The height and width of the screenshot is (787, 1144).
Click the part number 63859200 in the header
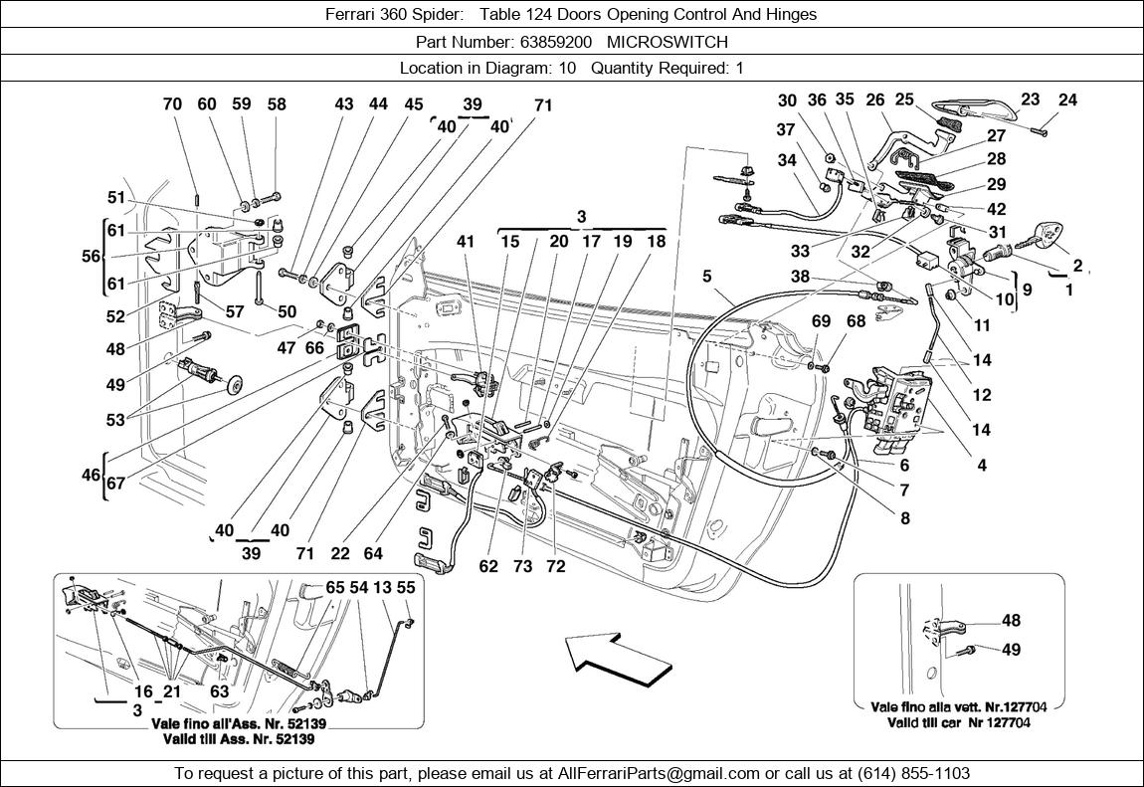click(554, 42)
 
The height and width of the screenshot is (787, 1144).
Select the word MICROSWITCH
click(681, 42)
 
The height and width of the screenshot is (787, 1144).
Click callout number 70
click(172, 103)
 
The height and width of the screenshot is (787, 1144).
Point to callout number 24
click(1067, 99)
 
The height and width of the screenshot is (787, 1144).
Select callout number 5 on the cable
click(707, 276)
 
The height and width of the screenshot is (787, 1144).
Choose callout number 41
click(468, 241)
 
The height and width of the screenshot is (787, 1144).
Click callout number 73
click(523, 567)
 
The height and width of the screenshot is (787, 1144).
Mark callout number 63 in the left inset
click(220, 691)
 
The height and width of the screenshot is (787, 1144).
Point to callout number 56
click(92, 257)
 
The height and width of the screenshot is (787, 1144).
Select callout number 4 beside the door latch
click(982, 465)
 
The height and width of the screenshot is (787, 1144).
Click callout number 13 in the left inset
click(383, 588)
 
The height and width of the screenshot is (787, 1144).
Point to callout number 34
click(788, 160)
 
